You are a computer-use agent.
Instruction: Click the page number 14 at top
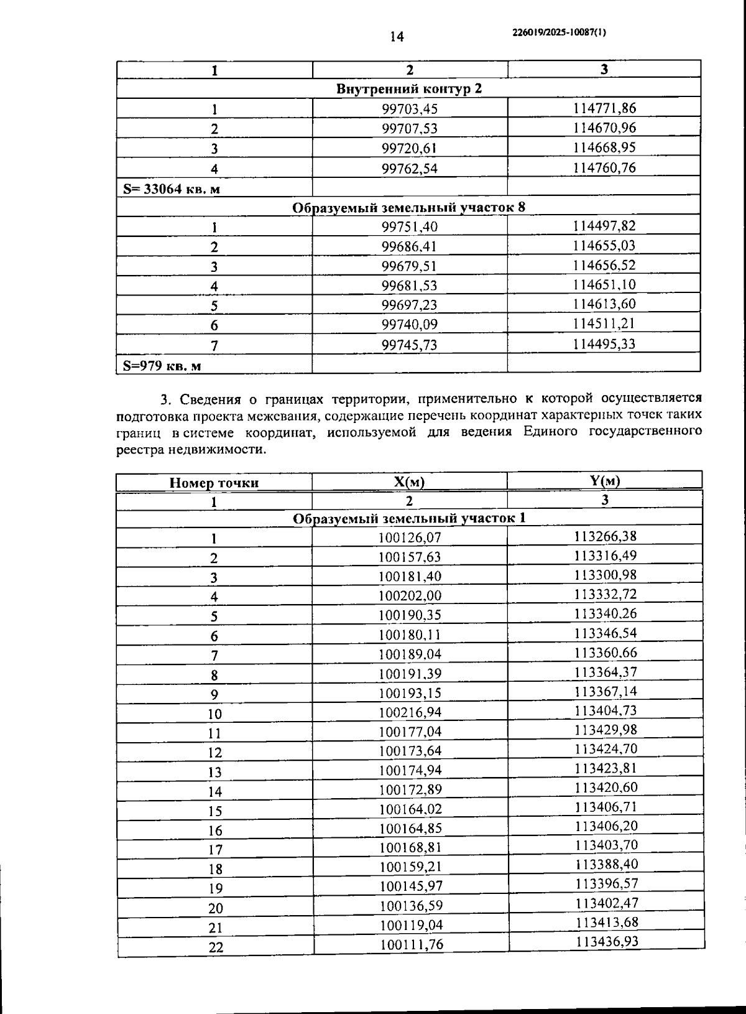pyautogui.click(x=396, y=37)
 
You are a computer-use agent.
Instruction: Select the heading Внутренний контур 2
pyautogui.click(x=408, y=88)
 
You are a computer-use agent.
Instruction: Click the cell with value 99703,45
pyautogui.click(x=409, y=109)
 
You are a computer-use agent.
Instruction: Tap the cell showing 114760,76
pyautogui.click(x=604, y=167)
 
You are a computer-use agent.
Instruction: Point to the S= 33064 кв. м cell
pyautogui.click(x=172, y=189)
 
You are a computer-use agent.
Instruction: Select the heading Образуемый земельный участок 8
pyautogui.click(x=408, y=207)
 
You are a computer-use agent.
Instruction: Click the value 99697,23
pyautogui.click(x=409, y=305)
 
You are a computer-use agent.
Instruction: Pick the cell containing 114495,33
pyautogui.click(x=604, y=343)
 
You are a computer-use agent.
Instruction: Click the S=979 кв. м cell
pyautogui.click(x=162, y=366)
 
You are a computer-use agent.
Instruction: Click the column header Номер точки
pyautogui.click(x=214, y=483)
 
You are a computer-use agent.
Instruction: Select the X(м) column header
pyautogui.click(x=409, y=482)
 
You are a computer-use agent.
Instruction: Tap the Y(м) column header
pyautogui.click(x=604, y=480)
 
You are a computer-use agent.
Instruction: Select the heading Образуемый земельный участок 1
pyautogui.click(x=408, y=518)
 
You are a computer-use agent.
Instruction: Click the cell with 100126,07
pyautogui.click(x=409, y=537)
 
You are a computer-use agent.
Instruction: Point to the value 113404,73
pyautogui.click(x=606, y=710)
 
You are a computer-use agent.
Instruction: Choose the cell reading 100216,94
pyautogui.click(x=410, y=712)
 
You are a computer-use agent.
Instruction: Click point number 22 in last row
pyautogui.click(x=215, y=947)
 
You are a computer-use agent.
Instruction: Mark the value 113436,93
pyautogui.click(x=607, y=941)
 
